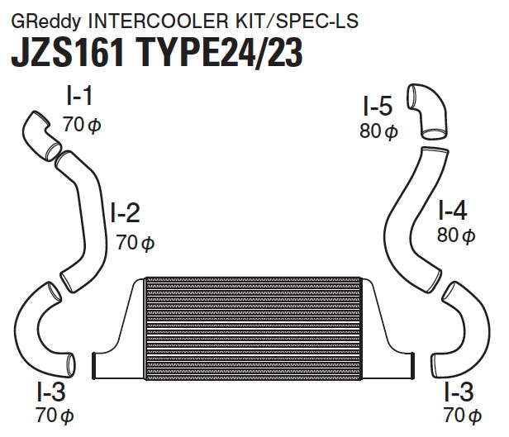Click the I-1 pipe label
pos(79,95)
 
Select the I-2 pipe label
pos(126,212)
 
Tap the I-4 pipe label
pos(453,210)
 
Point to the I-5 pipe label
pos(377,106)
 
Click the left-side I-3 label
pos(51,392)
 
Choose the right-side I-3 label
pos(459,392)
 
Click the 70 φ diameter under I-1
pos(82,125)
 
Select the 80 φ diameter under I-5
pos(378,131)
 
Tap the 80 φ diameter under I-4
pos(456,235)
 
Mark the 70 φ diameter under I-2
pos(136,243)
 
